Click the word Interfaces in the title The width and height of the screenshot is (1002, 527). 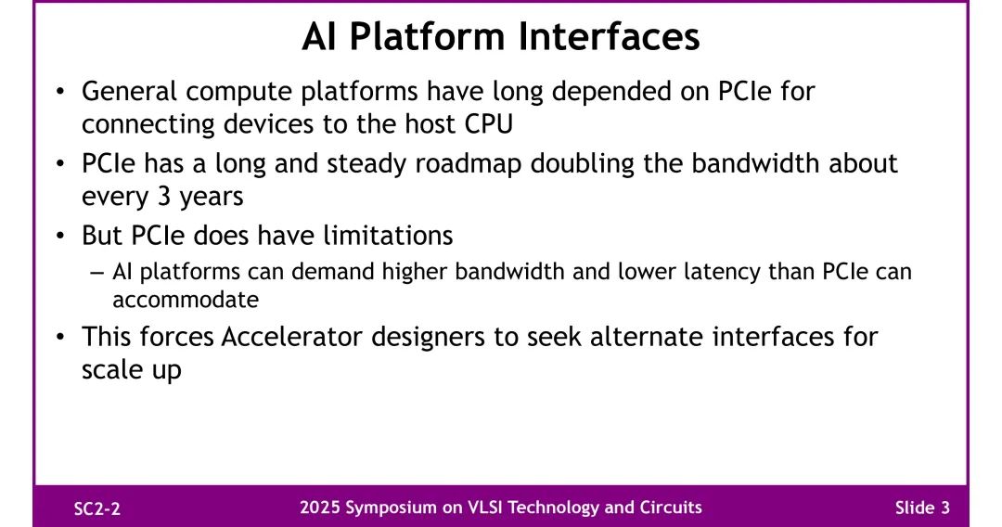[x=609, y=36]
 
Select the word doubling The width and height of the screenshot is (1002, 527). [x=582, y=163]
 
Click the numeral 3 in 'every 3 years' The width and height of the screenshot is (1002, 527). [x=162, y=196]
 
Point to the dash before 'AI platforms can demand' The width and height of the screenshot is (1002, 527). [x=97, y=273]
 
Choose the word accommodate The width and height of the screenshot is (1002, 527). [x=186, y=300]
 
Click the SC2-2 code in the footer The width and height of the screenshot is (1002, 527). [x=97, y=509]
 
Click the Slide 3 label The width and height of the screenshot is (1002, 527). [x=922, y=508]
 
